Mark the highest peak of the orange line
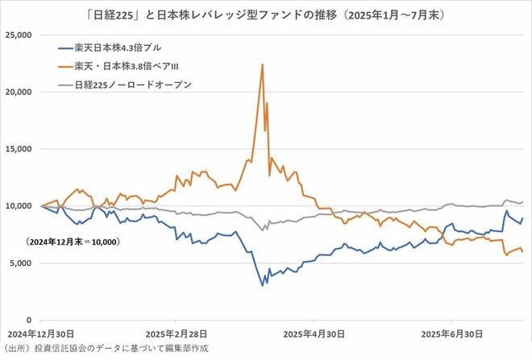[x=262, y=64]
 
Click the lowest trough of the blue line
[x=262, y=285]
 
